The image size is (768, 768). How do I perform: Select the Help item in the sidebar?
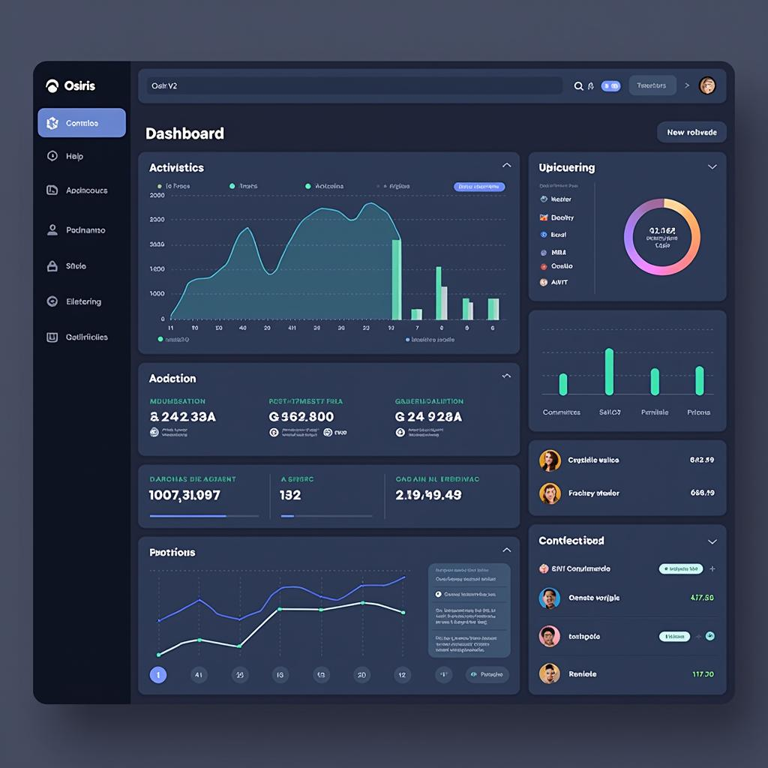coord(74,156)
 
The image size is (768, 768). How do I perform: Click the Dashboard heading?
coord(184,133)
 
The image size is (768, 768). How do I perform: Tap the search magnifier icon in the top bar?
coord(578,86)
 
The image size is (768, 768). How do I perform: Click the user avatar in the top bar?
coord(706,85)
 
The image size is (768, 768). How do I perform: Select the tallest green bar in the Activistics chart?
coord(396,279)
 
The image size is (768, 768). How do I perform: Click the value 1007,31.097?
coord(184,495)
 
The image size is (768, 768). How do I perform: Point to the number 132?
coord(290,495)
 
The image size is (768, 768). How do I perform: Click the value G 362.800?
coord(301,416)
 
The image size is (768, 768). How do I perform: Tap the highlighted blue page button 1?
coord(157,675)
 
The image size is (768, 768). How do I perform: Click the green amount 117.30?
coord(703,673)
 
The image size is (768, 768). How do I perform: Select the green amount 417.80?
coord(701,598)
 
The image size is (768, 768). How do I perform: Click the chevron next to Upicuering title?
coord(712,167)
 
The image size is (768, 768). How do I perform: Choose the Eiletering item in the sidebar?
coord(83,301)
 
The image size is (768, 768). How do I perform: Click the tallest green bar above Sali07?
coord(609,371)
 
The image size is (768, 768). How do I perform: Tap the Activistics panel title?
coord(176,167)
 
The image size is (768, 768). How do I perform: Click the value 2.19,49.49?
coord(428,495)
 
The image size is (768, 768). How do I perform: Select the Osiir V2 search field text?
coord(164,85)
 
